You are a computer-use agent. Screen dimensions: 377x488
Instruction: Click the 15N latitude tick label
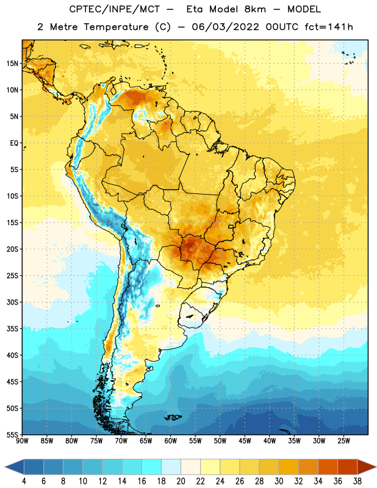[12, 63]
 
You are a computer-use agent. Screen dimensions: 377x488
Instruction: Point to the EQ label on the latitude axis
[14, 143]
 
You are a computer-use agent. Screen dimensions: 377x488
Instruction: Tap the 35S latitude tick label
[12, 329]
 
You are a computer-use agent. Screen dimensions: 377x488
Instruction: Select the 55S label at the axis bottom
[12, 434]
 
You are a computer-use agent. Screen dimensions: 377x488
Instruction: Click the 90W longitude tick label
[22, 441]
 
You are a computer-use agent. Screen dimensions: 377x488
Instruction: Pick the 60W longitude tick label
[171, 441]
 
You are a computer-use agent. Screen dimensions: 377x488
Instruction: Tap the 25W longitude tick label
[343, 441]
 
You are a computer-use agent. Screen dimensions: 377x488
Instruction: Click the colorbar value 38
[357, 481]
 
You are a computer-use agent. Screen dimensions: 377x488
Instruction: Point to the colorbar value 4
[24, 481]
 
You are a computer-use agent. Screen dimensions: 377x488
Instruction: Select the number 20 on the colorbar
[181, 481]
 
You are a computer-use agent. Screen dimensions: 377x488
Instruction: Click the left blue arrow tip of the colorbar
[5, 467]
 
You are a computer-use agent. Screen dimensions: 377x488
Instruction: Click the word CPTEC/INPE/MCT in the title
[115, 9]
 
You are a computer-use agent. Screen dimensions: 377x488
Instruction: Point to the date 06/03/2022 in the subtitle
[225, 27]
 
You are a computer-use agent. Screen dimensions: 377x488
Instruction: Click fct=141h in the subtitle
[329, 27]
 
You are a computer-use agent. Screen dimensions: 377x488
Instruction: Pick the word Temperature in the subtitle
[116, 27]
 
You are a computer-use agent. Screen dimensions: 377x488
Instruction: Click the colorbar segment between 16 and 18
[152, 467]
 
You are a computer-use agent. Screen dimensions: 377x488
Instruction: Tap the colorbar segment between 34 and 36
[328, 467]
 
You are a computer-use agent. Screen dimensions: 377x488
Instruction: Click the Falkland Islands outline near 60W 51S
[173, 417]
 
